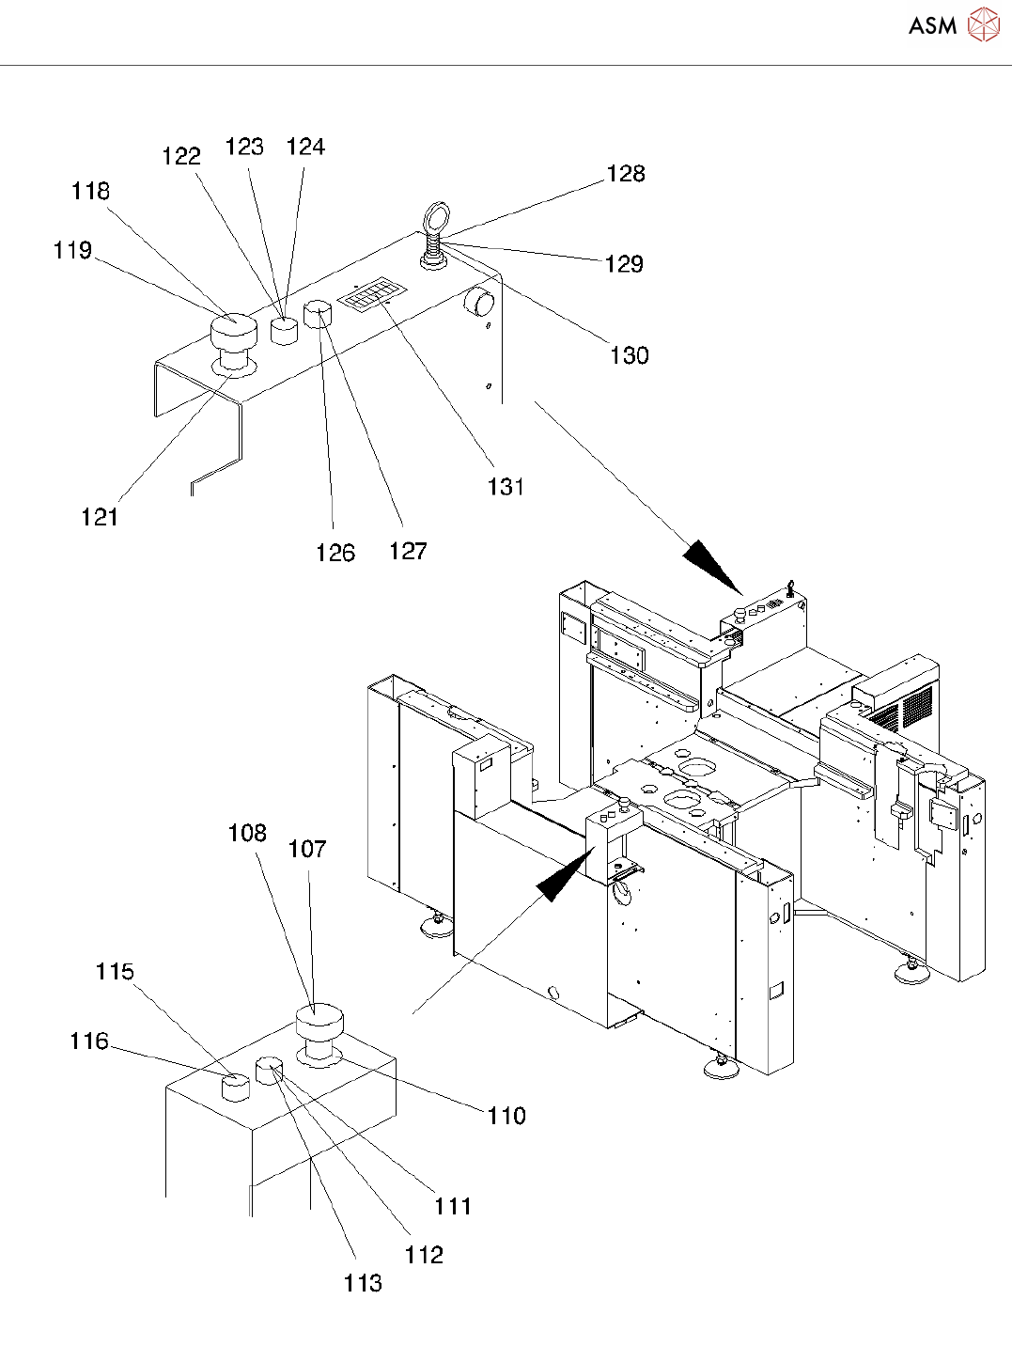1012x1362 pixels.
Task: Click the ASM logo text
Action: (x=932, y=25)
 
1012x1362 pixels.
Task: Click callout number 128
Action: (x=626, y=174)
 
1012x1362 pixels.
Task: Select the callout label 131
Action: (x=506, y=487)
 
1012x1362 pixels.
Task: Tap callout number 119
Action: (x=72, y=250)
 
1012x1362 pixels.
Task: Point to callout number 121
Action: (x=100, y=517)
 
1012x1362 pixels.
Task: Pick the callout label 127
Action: (x=408, y=552)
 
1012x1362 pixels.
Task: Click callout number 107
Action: (x=307, y=850)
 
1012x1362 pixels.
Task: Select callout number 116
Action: (x=89, y=1041)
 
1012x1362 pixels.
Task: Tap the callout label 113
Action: (x=363, y=1284)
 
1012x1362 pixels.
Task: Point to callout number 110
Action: (x=506, y=1116)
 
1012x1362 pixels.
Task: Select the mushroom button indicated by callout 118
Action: (x=233, y=331)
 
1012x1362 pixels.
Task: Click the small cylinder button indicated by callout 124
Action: (x=284, y=330)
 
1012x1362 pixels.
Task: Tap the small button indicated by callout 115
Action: (x=235, y=1088)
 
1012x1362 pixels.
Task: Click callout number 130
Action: (x=630, y=355)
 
